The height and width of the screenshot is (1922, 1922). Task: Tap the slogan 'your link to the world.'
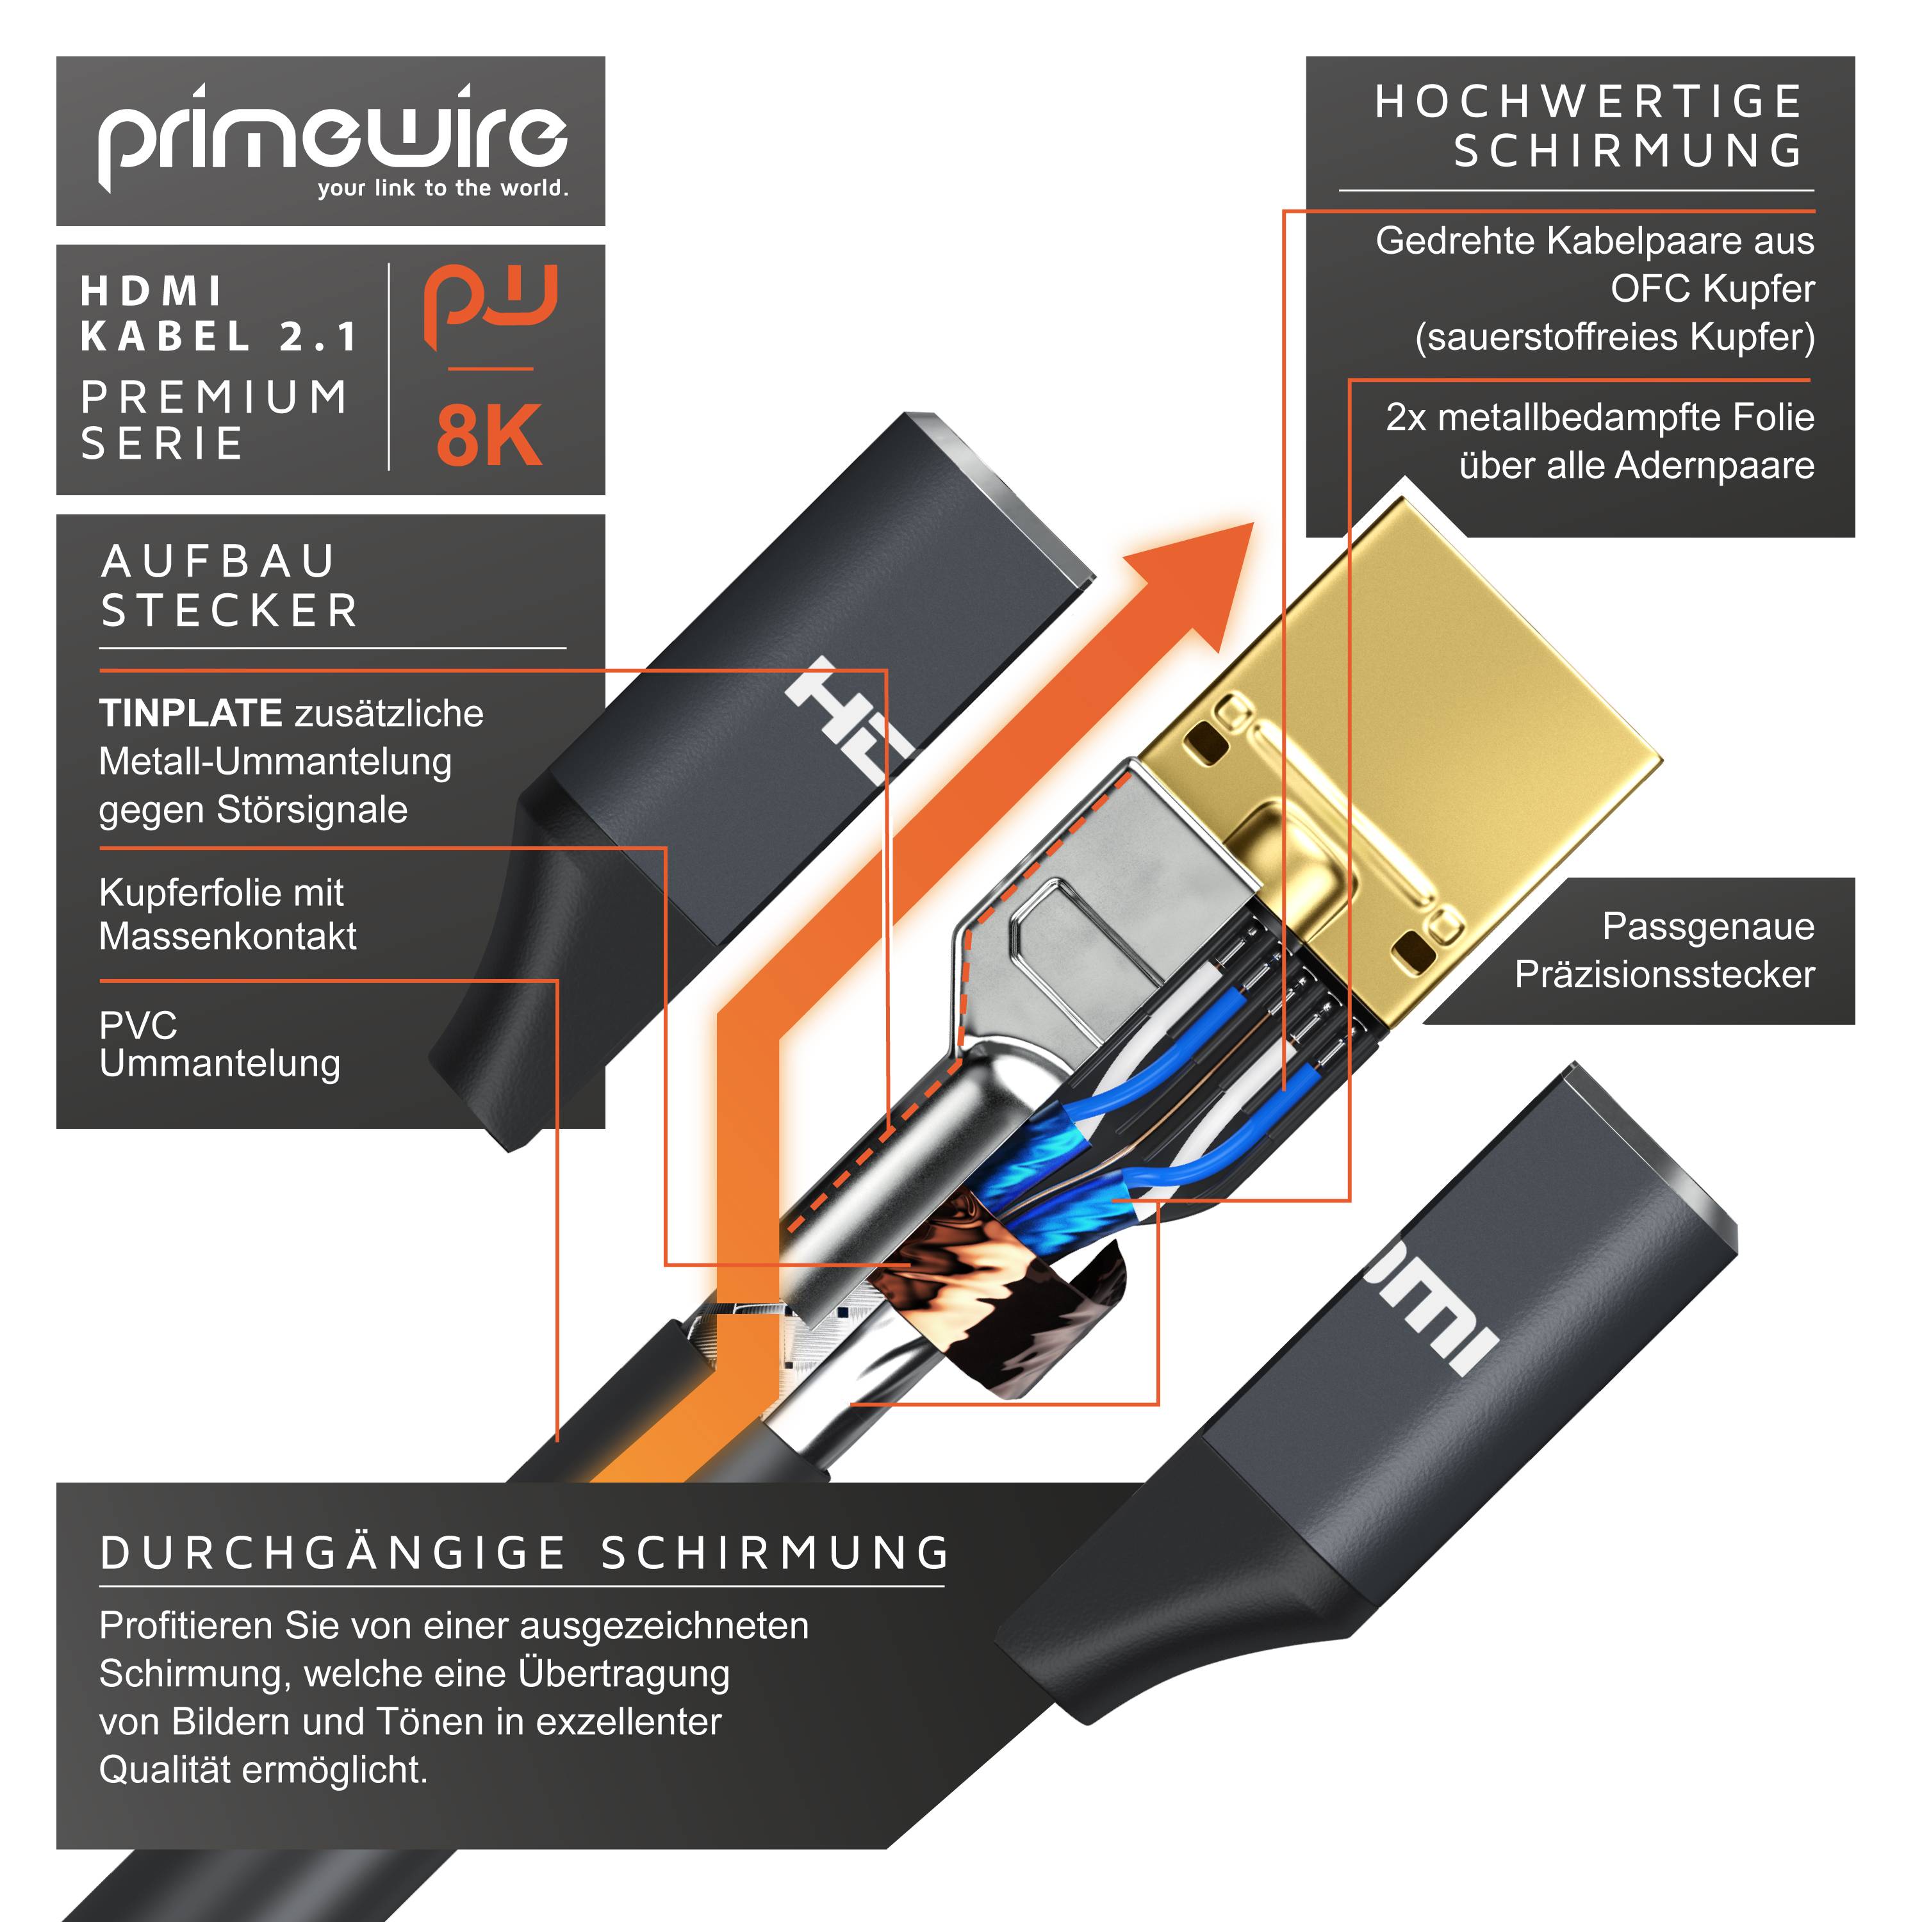(x=443, y=188)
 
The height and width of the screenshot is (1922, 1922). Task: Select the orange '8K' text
(x=488, y=436)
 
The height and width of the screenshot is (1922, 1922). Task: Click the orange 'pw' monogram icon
(x=489, y=304)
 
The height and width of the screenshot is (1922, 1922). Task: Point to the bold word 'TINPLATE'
(x=190, y=713)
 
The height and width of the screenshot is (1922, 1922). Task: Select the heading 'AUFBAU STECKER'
(x=229, y=586)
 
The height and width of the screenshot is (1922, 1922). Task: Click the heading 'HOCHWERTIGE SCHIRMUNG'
(x=1589, y=126)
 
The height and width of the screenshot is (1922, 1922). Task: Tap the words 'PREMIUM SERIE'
(x=215, y=420)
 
